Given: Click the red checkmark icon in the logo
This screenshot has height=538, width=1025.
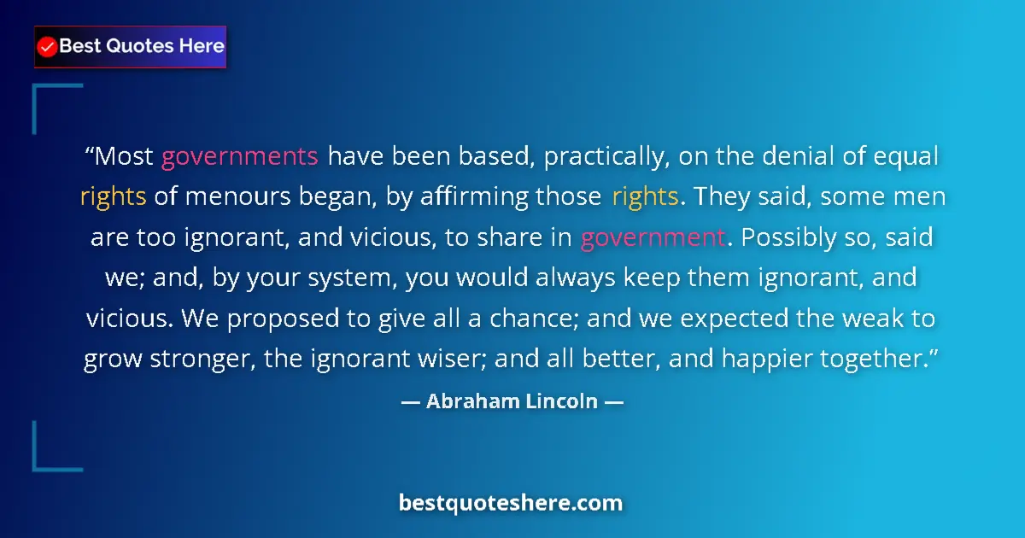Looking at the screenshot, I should pos(48,47).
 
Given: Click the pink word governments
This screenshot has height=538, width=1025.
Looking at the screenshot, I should pos(240,157).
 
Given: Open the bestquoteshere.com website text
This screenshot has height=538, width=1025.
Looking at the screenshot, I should pos(511,503).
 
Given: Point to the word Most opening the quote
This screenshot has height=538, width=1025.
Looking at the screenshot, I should pos(123,157).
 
